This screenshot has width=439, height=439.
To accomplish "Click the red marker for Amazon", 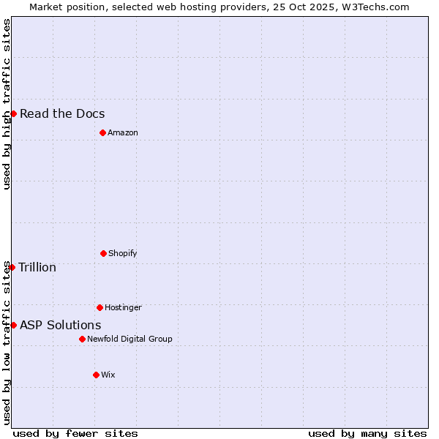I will pos(102,132).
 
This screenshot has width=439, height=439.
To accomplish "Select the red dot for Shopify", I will pos(103,253).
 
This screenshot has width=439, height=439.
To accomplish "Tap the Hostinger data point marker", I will pos(100,307).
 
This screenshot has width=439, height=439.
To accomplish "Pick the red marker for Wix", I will pos(96,375).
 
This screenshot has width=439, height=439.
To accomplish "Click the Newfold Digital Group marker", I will pos(82,339).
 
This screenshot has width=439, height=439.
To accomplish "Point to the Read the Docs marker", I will pos(13,113).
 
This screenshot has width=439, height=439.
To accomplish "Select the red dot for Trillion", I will pos(12,267).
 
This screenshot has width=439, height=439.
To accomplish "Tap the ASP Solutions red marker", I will pos(13,325).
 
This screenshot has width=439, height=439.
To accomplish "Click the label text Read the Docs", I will pos(62,113).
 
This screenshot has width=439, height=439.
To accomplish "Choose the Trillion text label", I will pos(37,267).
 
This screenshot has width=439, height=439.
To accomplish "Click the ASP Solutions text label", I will pos(61,325).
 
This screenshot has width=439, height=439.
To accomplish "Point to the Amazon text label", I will pos(123,132).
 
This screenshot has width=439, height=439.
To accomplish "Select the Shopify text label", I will pos(123,253).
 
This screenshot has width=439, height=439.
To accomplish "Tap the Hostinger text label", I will pos(123,307).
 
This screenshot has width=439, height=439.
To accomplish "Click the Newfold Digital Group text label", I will pos(130,339).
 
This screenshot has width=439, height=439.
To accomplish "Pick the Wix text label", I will pos(108,375).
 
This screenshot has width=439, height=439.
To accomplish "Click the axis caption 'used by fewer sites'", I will pos(75,433).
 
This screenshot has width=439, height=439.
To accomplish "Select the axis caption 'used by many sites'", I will pos(367,433).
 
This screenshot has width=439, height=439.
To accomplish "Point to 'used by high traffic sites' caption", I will pos(7,104).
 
